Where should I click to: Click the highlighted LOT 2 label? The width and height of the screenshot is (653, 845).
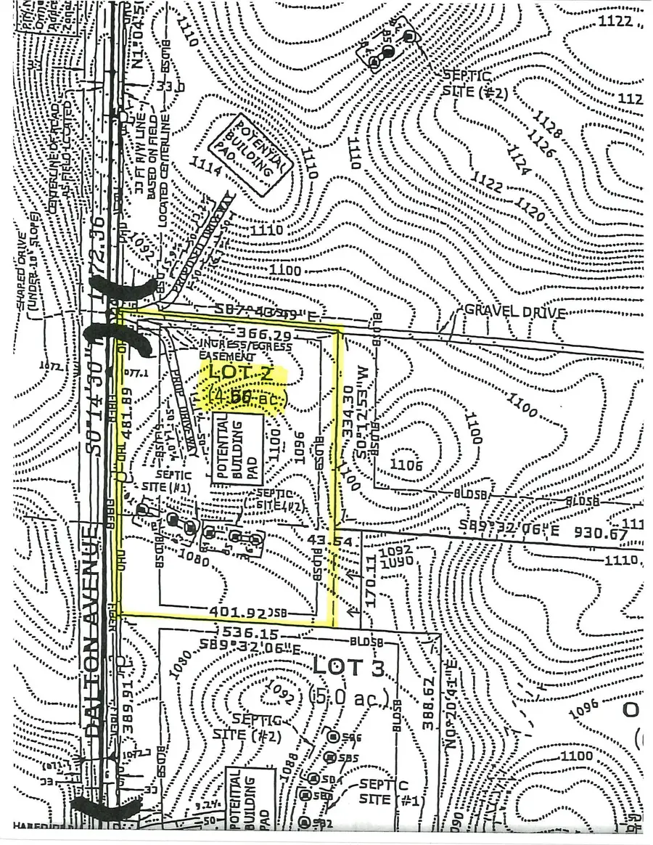245,375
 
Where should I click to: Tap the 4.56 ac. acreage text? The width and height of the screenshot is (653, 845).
247,399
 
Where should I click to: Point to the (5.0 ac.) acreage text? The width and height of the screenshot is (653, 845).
350,698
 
